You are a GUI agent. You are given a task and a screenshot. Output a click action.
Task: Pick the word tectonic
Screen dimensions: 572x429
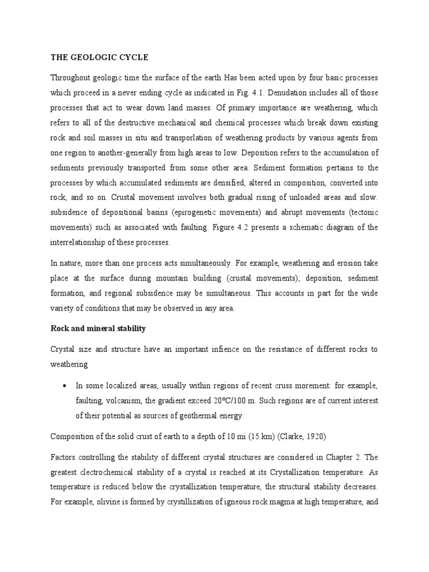coord(361,212)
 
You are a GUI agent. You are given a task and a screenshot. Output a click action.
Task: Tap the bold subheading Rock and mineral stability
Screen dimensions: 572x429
coord(98,328)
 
